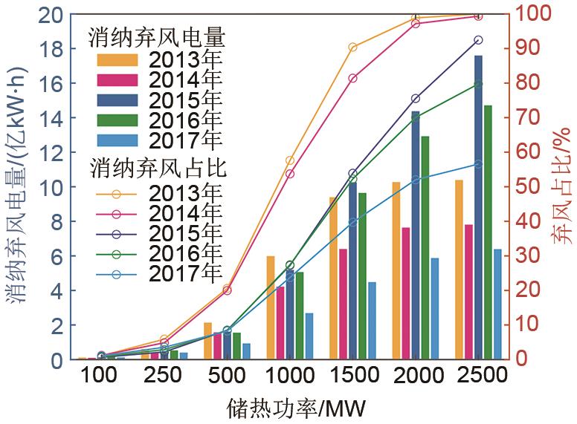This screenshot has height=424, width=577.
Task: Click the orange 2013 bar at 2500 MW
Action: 460,270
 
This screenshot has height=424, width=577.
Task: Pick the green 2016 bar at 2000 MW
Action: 425,248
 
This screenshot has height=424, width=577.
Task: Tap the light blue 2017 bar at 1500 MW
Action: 372,321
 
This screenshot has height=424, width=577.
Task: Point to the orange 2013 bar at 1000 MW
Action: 271,307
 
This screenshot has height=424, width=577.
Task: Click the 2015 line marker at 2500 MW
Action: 478,40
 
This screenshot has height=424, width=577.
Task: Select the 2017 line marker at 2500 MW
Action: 478,164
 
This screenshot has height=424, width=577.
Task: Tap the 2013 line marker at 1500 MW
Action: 352,48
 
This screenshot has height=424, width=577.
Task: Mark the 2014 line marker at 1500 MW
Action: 352,78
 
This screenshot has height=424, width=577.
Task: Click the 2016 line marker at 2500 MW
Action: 478,84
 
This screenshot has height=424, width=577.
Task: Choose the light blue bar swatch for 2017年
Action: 117,140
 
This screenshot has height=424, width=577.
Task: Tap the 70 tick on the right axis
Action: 525,117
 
